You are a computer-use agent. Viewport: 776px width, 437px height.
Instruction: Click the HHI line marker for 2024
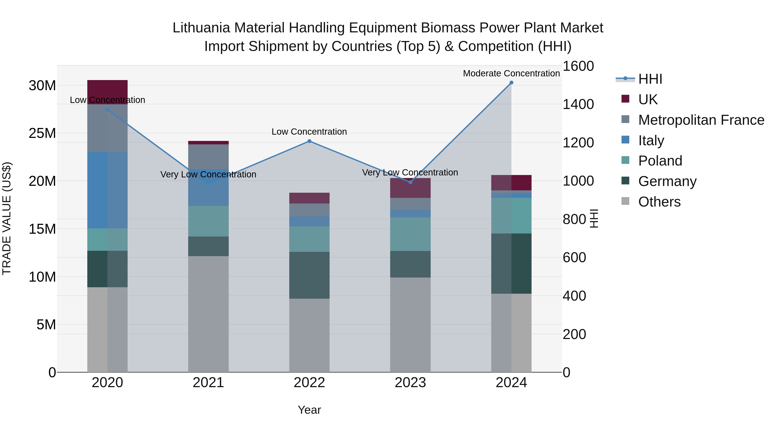tap(511, 83)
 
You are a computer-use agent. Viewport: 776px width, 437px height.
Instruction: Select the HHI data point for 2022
tap(309, 141)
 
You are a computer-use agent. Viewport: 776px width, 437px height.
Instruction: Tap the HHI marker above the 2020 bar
tap(108, 109)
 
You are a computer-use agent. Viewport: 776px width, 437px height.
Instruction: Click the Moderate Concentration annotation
tap(511, 73)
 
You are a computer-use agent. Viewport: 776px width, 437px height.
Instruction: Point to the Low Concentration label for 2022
tap(309, 132)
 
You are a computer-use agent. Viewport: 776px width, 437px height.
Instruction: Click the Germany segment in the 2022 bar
tap(309, 275)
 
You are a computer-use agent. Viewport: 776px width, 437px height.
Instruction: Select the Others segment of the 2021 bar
tap(208, 314)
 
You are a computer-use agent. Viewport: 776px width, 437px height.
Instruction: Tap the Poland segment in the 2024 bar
tap(511, 216)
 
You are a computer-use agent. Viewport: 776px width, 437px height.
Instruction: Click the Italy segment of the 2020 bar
tap(108, 190)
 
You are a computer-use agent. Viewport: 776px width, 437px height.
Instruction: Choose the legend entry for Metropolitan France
tap(701, 120)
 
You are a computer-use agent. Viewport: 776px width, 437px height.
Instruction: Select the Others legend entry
tap(659, 202)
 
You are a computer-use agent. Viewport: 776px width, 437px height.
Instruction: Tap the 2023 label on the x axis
tap(410, 383)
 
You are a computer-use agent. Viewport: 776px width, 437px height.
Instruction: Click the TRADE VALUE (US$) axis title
tap(7, 218)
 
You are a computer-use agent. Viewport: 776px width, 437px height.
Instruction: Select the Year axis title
tap(309, 410)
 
